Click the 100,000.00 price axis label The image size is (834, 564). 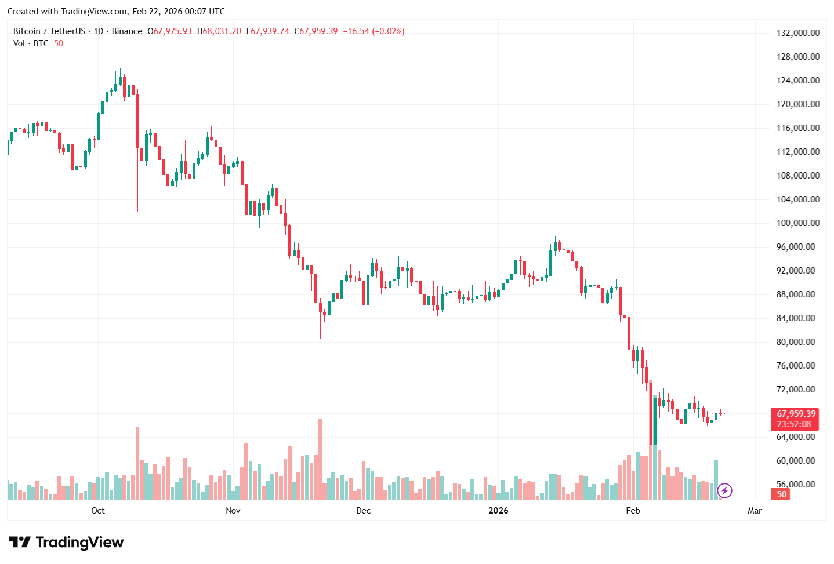click(798, 223)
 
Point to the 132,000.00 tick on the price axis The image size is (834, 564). click(798, 33)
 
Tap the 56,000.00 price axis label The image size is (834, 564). click(798, 485)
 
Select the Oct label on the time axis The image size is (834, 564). click(98, 511)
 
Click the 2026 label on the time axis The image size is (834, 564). click(498, 511)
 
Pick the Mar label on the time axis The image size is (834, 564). click(755, 511)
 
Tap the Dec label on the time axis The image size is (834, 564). click(363, 511)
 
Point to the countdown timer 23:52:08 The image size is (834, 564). click(794, 424)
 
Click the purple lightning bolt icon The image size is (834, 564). click(724, 491)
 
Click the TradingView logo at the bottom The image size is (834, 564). click(66, 543)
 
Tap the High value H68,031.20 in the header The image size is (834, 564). click(219, 31)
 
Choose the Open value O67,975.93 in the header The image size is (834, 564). click(169, 31)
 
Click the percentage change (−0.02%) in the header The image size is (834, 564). click(388, 31)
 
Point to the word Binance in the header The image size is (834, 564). click(126, 31)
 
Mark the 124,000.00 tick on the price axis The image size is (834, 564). click(798, 81)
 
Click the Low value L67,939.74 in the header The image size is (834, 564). click(268, 31)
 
